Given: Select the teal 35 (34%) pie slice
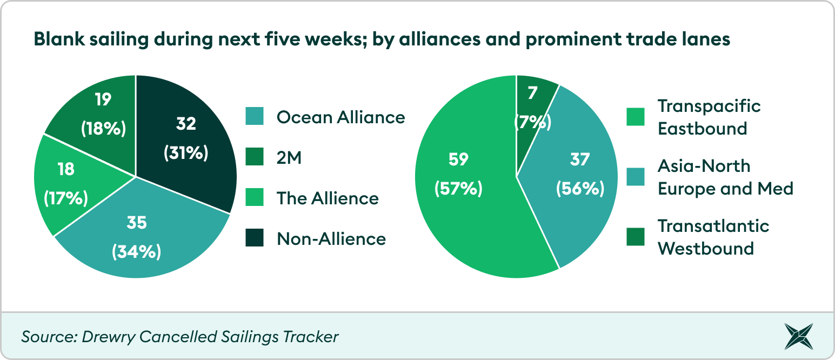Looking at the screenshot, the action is pos(142,235).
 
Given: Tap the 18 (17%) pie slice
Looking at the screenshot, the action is pos(71,184).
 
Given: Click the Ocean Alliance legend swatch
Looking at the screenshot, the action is pos(255,116).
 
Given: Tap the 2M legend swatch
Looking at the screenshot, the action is pos(255,157).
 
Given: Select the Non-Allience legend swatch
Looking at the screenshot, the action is pos(255,238).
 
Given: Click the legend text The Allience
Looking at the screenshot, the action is pos(328,198).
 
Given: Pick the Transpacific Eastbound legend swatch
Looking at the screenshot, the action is pos(636,117).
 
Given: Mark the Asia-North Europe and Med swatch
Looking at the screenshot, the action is pos(636,177).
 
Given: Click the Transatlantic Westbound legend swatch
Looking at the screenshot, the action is pos(636,237).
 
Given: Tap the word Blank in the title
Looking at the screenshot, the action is pos(59,39).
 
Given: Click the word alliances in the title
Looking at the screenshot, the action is pos(439,39).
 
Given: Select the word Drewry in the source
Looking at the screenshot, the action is pos(108,337).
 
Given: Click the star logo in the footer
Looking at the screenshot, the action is pos(798,337).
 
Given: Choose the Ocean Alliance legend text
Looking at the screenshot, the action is pos(340,117).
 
